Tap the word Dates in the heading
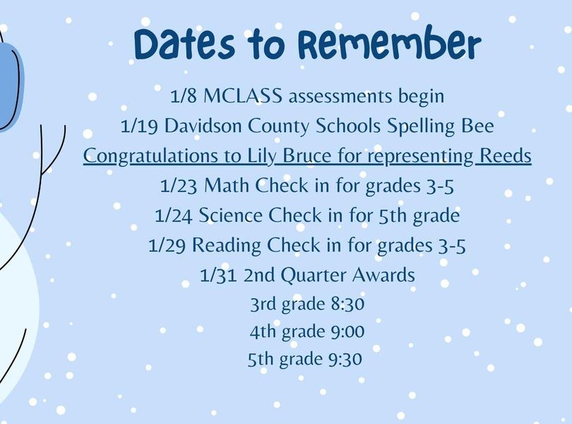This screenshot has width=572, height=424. (x=184, y=45)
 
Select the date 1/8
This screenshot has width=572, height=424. (x=183, y=96)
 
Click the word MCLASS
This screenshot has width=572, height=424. (x=243, y=96)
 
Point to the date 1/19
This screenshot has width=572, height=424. (x=139, y=126)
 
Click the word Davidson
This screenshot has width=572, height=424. (x=203, y=126)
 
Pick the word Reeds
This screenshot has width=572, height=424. (x=505, y=156)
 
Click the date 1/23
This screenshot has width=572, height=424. (x=179, y=186)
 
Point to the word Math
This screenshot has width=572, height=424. (x=226, y=186)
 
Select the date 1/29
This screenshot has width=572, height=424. (x=167, y=245)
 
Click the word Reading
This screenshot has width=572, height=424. (x=226, y=245)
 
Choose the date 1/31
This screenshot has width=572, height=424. (x=218, y=275)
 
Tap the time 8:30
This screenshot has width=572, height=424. (x=347, y=304)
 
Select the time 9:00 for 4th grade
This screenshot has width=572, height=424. (x=347, y=331)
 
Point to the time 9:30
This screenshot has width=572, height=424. (x=345, y=360)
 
